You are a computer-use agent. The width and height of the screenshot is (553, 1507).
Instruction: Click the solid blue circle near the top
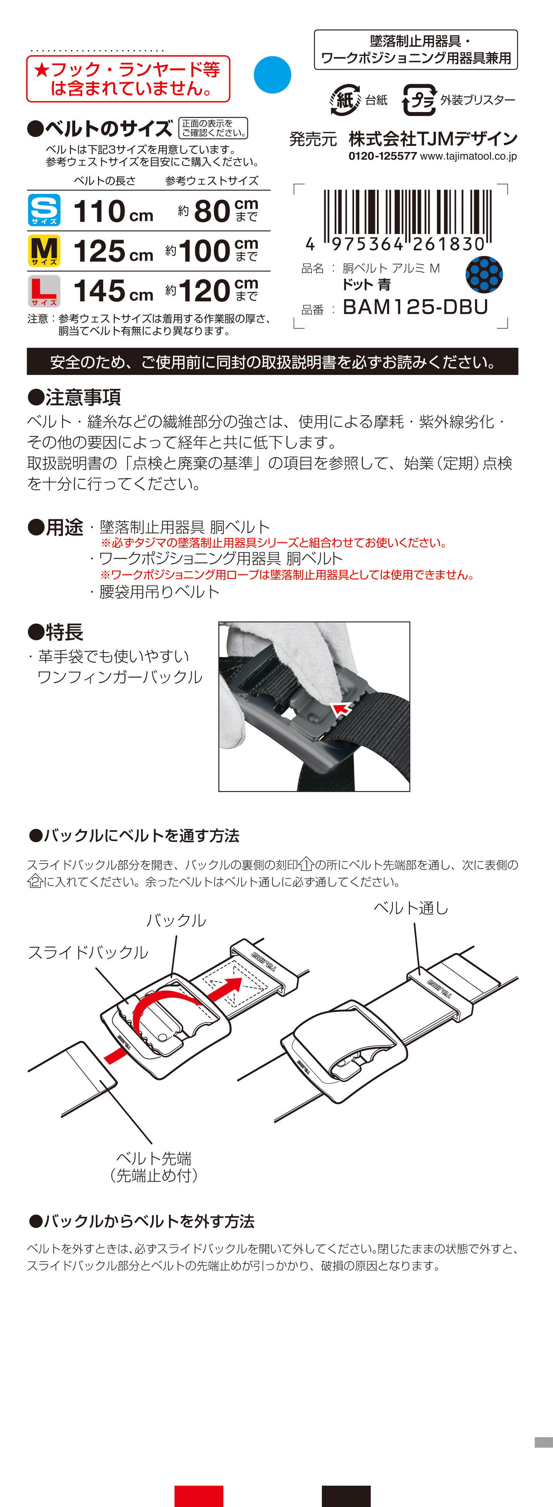[x=272, y=75]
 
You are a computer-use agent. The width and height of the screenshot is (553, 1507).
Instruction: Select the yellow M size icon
[x=44, y=251]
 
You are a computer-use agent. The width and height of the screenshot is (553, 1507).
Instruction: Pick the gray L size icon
[x=44, y=291]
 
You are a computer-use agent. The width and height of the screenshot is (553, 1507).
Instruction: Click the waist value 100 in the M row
[x=204, y=251]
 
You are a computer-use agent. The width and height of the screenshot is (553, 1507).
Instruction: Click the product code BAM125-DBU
[x=415, y=306]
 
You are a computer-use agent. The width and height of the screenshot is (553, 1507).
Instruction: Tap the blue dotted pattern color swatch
[x=484, y=275]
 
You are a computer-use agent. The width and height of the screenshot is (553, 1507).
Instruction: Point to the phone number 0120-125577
[x=383, y=156]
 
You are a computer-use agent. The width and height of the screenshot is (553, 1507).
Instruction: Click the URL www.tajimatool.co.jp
[x=468, y=156]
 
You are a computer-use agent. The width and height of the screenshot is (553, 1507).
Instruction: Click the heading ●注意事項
[x=74, y=397]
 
